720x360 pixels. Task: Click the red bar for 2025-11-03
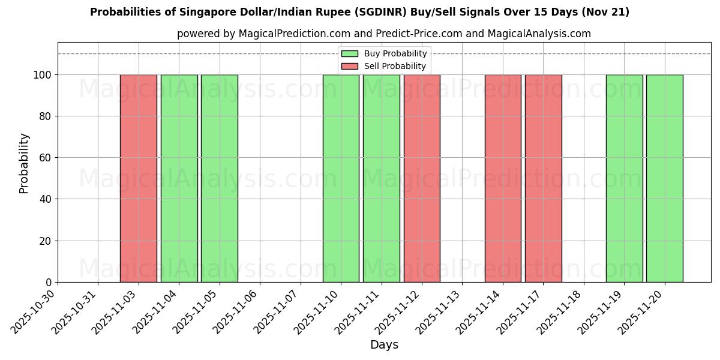[139, 178]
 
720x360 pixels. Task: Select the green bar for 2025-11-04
[179, 178]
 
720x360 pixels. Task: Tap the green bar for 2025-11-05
[220, 178]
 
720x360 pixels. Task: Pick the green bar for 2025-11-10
[341, 178]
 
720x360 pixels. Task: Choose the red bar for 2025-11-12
[422, 178]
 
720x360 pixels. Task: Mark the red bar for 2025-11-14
[503, 178]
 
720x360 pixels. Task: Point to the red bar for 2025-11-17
[543, 178]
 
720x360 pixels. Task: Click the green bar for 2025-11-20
[664, 178]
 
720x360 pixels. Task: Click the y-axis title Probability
[24, 163]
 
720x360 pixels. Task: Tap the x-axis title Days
[384, 345]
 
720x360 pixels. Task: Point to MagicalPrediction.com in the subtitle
[290, 34]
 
